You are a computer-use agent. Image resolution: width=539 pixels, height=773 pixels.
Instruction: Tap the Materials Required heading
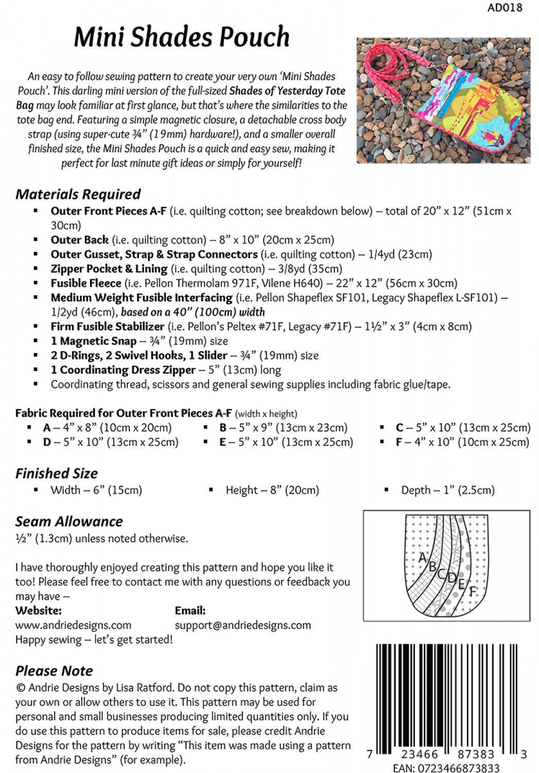(78, 194)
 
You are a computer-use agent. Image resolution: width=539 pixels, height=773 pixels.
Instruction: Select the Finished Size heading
(57, 473)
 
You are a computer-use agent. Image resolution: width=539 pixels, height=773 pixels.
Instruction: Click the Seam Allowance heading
(69, 521)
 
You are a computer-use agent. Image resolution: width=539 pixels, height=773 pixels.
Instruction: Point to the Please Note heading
(54, 670)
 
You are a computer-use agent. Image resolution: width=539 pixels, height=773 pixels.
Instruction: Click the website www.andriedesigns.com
(73, 625)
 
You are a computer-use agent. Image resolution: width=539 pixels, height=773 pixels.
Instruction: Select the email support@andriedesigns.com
(242, 625)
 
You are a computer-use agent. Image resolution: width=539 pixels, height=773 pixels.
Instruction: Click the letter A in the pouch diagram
(423, 557)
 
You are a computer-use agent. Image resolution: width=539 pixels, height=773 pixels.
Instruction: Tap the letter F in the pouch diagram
(472, 591)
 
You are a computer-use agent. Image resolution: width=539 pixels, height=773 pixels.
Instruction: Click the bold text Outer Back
(79, 240)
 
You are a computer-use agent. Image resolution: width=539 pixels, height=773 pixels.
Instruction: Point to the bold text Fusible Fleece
(85, 283)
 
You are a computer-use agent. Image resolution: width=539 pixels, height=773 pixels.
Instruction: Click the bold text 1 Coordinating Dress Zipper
(123, 369)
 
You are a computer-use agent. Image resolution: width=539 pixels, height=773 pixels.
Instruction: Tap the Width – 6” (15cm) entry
(96, 490)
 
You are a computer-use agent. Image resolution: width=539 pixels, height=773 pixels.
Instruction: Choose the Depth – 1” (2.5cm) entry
(447, 490)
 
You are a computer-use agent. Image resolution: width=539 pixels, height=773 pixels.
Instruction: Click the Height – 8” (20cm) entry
(272, 490)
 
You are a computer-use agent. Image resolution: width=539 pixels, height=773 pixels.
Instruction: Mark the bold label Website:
(39, 611)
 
